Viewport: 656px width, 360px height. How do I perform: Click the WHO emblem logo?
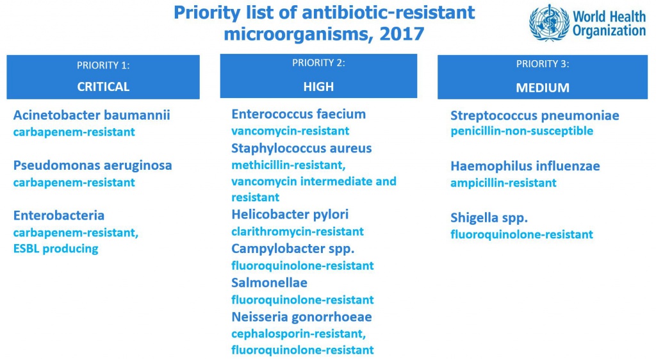tap(549, 22)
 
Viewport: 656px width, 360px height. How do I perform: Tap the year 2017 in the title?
tap(402, 34)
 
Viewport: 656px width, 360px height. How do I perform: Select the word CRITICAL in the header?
tap(103, 86)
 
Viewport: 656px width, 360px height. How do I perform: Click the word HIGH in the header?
tap(318, 86)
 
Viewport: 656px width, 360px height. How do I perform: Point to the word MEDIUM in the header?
tap(543, 87)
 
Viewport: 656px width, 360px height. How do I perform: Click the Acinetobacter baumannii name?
tap(92, 115)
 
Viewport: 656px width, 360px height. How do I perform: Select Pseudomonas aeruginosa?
tap(92, 165)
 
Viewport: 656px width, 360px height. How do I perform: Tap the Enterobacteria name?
tap(59, 215)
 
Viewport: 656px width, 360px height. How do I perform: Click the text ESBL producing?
tap(56, 249)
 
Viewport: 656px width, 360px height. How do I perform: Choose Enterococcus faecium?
tap(299, 114)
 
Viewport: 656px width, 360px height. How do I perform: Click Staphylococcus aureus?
tap(302, 149)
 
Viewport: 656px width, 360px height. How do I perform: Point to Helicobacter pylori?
tap(290, 215)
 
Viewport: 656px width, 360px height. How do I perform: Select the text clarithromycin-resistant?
tap(297, 232)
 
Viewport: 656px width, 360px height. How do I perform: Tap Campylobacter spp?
tap(293, 249)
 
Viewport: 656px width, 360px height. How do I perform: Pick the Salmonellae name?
tap(270, 282)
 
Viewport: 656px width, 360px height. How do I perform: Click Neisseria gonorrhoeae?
tap(302, 317)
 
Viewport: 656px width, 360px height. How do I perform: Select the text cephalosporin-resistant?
tap(299, 334)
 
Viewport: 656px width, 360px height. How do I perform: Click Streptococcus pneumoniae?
tap(535, 116)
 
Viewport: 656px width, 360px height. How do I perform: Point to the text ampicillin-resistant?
tap(504, 183)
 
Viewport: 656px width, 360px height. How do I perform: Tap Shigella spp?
tap(489, 218)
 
